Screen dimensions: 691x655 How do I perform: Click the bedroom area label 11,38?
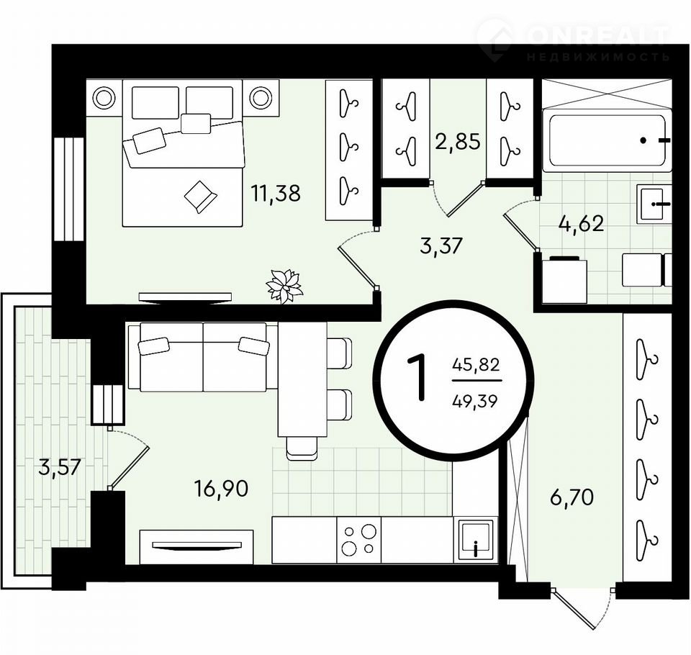pos(276,193)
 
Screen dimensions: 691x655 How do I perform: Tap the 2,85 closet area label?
pos(458,142)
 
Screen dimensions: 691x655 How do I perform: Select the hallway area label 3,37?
pos(441,245)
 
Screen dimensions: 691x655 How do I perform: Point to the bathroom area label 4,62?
pos(581,224)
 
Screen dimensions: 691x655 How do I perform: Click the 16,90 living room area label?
pos(222,489)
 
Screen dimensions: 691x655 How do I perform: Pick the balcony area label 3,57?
pos(59,467)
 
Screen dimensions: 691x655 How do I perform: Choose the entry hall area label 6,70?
pos(572,497)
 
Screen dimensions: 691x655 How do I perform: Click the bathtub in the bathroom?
pos(607,140)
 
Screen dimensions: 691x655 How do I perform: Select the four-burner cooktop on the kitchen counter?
pos(358,540)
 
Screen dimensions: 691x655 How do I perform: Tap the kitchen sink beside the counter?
pos(475,540)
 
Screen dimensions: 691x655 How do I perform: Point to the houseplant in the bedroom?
pos(285,286)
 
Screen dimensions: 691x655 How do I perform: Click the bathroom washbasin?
pos(654,204)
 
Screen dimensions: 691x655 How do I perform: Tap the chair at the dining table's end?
pos(302,448)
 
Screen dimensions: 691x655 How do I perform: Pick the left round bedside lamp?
pos(104,98)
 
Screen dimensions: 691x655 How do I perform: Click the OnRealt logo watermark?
pos(574,40)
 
